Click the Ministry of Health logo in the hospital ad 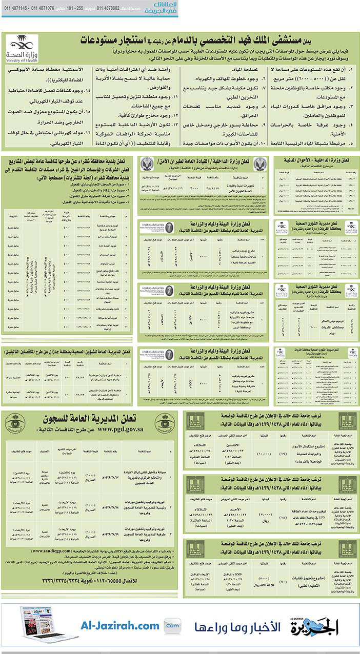(22, 49)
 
